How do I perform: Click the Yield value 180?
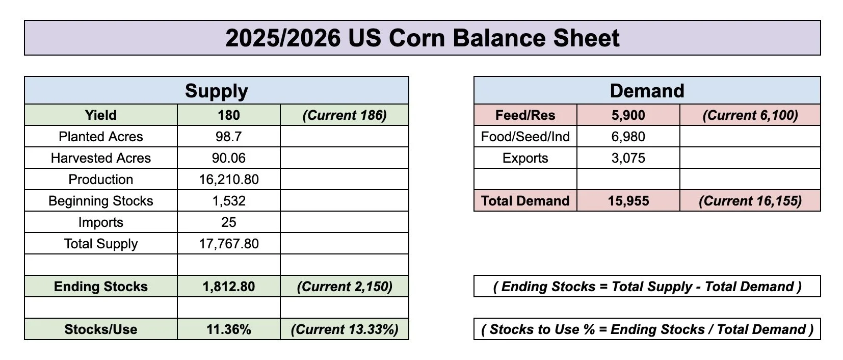point(229,115)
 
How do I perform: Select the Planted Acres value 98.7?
point(229,137)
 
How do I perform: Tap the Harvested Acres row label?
point(101,158)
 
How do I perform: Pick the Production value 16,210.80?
point(229,179)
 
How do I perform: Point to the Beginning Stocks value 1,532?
point(229,201)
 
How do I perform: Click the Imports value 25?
point(229,222)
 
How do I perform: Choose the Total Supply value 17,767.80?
point(229,244)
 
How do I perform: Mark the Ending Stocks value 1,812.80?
point(229,287)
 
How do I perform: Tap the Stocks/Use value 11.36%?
point(229,329)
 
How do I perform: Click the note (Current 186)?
point(345,115)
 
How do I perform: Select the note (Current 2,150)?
point(345,287)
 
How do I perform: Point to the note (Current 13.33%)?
point(345,329)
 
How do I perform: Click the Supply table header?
point(217,91)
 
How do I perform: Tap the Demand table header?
point(647,91)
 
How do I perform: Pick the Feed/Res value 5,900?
point(628,115)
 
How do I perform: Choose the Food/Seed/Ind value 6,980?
point(628,137)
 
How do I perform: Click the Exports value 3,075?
point(628,158)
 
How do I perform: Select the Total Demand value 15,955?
point(628,201)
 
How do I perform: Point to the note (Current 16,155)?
point(750,201)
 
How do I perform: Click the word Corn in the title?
point(416,38)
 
